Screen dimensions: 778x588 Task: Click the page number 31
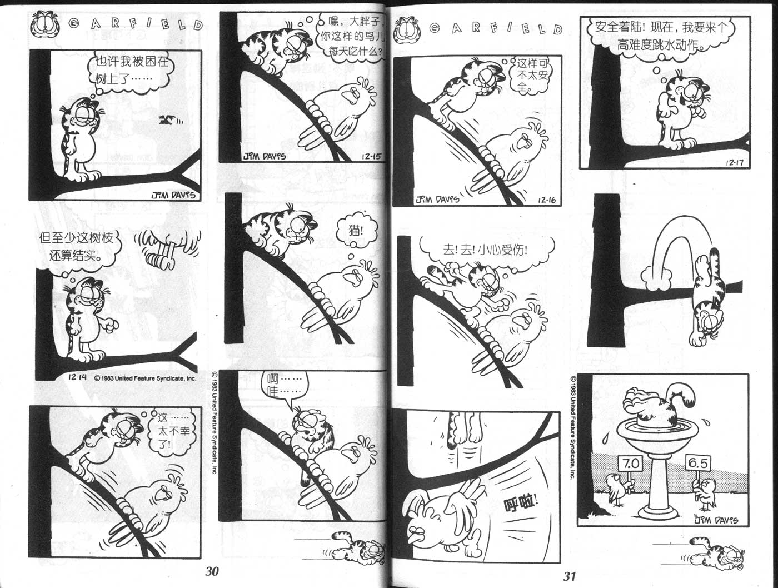coord(569,576)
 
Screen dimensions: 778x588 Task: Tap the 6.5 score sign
coord(698,462)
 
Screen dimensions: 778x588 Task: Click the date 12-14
coord(77,377)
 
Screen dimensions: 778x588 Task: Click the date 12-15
coord(371,156)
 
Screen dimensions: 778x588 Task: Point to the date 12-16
coord(547,200)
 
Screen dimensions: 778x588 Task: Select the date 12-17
coord(734,163)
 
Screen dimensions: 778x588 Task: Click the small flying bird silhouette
coord(167,121)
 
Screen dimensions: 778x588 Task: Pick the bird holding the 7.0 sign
coord(617,490)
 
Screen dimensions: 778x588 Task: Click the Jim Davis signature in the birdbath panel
coord(715,520)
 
